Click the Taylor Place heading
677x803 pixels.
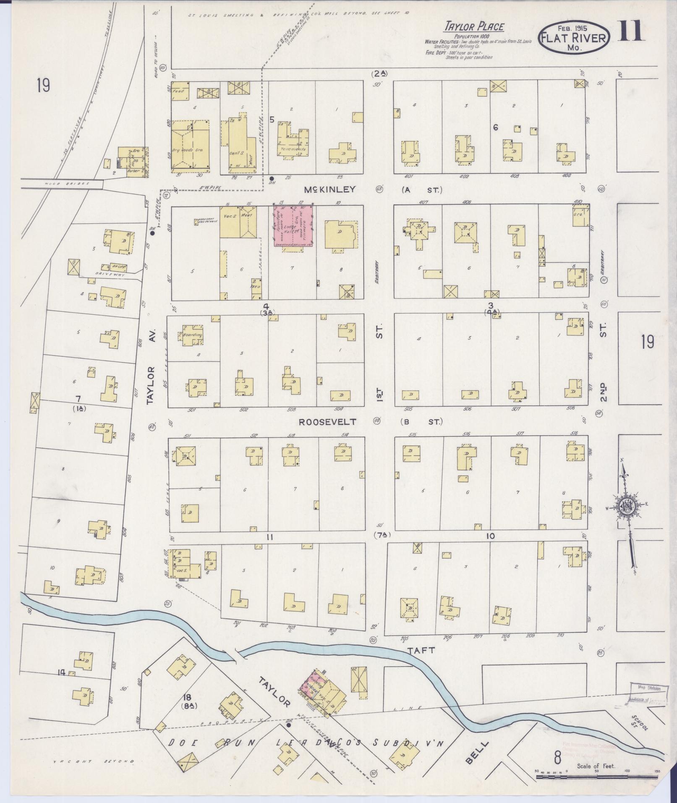tap(474, 27)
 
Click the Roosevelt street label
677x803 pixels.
tap(327, 421)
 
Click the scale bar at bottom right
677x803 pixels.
tap(596, 777)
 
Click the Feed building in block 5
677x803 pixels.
tap(180, 91)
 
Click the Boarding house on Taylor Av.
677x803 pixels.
tap(192, 335)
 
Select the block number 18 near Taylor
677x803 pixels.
tap(187, 698)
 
